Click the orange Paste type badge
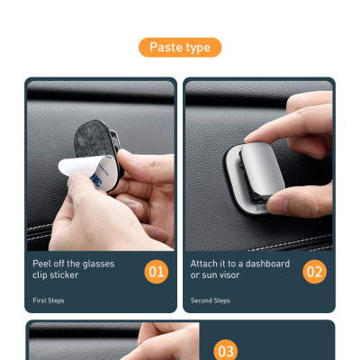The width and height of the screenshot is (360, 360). pos(180,48)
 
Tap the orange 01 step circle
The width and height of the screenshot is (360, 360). pos(157,272)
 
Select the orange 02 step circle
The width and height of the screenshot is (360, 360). pos(314,272)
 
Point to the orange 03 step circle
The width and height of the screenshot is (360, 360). pos(226,350)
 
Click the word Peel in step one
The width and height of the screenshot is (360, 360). pos(41,264)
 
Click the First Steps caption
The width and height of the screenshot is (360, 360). pos(49,301)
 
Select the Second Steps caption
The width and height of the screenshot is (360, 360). pos(211,301)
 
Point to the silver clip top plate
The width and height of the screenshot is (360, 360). pos(263,169)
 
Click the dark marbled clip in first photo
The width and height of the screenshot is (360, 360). pos(94,137)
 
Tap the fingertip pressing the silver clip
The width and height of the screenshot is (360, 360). pos(255,137)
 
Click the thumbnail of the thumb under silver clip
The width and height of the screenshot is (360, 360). pos(277,205)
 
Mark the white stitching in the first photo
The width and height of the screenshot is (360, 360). pos(40,232)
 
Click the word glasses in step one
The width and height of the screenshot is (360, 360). pos(98,265)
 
